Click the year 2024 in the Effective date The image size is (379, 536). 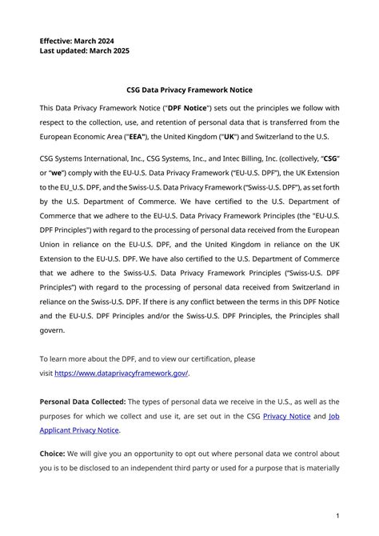[112, 39]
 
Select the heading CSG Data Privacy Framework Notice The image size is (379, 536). [189, 90]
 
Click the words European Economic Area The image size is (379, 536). [89, 137]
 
